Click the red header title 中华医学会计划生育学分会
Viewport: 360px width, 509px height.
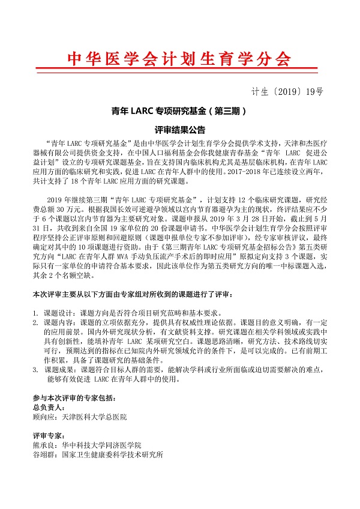coord(178,59)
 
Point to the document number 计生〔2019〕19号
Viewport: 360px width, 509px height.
coord(286,92)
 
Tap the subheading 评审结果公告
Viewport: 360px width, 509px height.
coord(179,129)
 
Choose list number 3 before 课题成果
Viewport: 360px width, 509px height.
coord(35,370)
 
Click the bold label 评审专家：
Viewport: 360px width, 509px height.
coord(50,436)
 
